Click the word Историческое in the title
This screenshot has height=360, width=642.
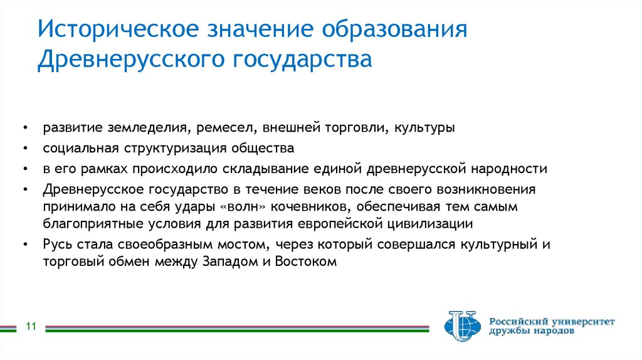click(117, 31)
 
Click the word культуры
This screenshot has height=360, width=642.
click(424, 129)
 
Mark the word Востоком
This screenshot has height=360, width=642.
click(306, 262)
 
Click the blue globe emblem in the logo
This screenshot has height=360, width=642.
click(462, 326)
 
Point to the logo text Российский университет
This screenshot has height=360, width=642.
click(552, 321)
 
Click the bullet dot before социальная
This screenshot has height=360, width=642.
click(24, 149)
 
